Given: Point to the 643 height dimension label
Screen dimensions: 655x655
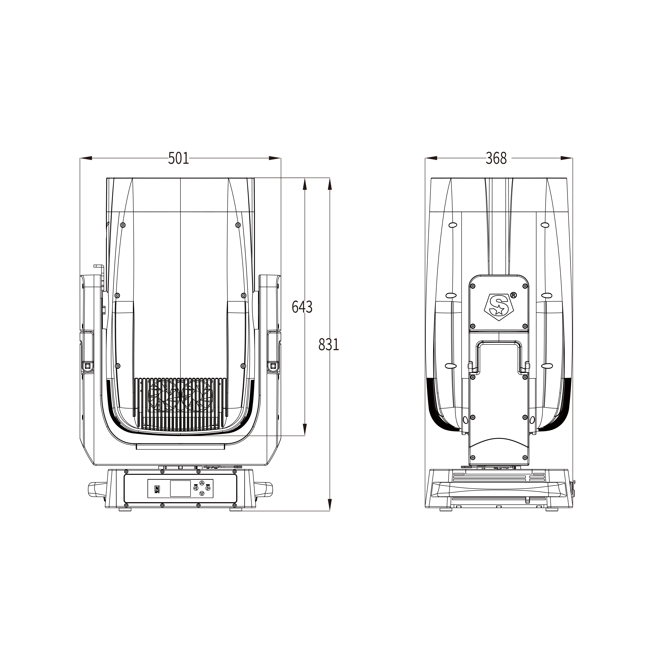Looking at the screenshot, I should tap(302, 307).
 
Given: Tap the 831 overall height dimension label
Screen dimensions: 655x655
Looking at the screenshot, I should tap(329, 344).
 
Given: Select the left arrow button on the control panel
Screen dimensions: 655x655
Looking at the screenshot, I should tap(196, 488).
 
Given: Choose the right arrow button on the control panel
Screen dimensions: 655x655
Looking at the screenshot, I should tap(208, 488).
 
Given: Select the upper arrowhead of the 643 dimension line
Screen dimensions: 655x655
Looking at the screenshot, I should tap(304, 185).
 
